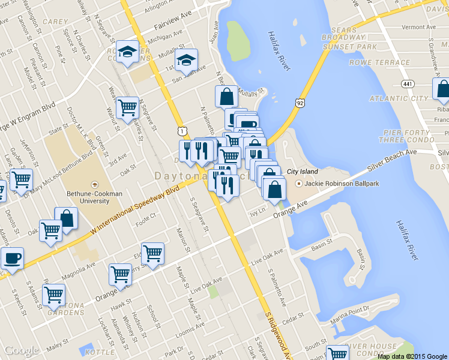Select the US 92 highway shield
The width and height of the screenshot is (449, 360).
[300, 103]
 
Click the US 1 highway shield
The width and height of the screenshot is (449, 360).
[182, 130]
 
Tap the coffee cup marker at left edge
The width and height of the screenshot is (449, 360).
[11, 259]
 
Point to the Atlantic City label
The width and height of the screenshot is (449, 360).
[399, 98]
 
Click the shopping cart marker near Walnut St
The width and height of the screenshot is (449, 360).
[127, 109]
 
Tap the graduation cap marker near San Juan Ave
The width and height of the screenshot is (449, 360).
[186, 60]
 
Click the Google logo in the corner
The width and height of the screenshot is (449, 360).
[21, 350]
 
